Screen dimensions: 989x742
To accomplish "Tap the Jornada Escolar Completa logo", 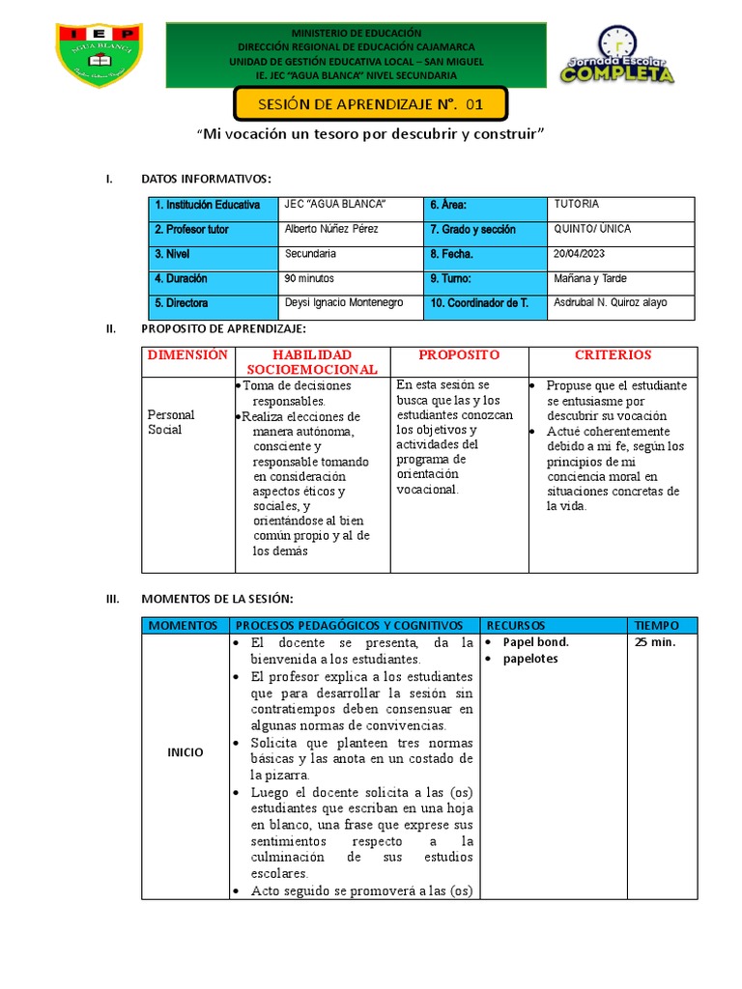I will pyautogui.click(x=616, y=60).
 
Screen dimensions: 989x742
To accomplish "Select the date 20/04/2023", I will pyautogui.click(x=583, y=254).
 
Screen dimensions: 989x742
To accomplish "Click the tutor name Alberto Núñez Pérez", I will pyautogui.click(x=331, y=229).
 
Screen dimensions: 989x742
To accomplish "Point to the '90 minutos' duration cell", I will pyautogui.click(x=309, y=278).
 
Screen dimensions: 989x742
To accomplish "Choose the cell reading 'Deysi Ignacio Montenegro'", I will pyautogui.click(x=344, y=303).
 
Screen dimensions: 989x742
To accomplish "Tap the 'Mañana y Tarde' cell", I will pyautogui.click(x=591, y=278).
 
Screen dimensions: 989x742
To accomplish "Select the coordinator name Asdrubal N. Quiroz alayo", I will pyautogui.click(x=610, y=303).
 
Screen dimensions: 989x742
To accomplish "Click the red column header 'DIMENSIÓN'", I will pyautogui.click(x=187, y=354).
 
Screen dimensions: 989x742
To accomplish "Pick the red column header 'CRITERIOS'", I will pyautogui.click(x=613, y=354).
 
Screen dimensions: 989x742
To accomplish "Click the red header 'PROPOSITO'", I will pyautogui.click(x=459, y=354).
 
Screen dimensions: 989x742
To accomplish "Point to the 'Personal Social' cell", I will pyautogui.click(x=171, y=422).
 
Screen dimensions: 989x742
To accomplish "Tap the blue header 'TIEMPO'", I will pyautogui.click(x=659, y=625).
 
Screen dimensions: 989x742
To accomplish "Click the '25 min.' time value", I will pyautogui.click(x=654, y=642).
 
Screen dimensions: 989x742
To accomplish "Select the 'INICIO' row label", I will pyautogui.click(x=185, y=752).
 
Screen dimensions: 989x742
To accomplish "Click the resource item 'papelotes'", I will pyautogui.click(x=531, y=659).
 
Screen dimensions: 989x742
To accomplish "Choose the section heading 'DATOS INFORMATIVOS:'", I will pyautogui.click(x=206, y=179).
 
